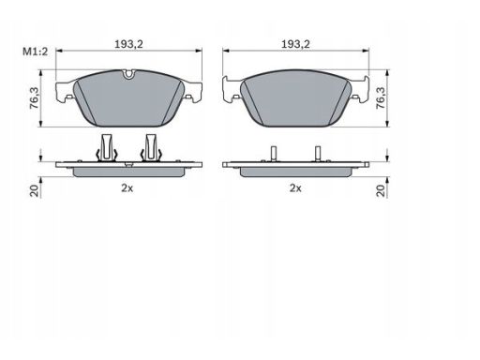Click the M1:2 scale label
click(x=36, y=52)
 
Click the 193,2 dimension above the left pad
click(x=128, y=44)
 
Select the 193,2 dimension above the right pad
click(x=295, y=44)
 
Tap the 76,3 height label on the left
click(x=34, y=97)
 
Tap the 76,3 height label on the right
click(x=381, y=97)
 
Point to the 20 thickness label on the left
click(x=34, y=190)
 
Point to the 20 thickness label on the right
click(x=381, y=190)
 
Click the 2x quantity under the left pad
click(x=127, y=188)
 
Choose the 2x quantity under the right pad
click(x=295, y=188)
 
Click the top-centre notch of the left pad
click(x=128, y=74)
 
